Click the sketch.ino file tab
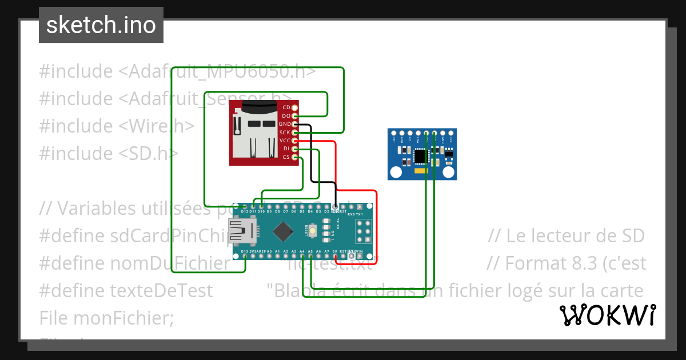coord(101,25)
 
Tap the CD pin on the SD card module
coord(294,107)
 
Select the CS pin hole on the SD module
coord(294,157)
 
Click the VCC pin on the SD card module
coord(294,141)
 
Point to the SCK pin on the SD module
coord(294,132)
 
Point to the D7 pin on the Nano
coord(286,207)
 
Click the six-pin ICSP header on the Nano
coord(364,231)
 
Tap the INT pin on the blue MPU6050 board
coord(394,133)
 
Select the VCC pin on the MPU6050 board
coord(450,133)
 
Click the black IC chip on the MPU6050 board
coord(421,155)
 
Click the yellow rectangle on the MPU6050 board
coord(421,171)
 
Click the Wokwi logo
coord(607,315)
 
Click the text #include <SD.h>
coord(109,153)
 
